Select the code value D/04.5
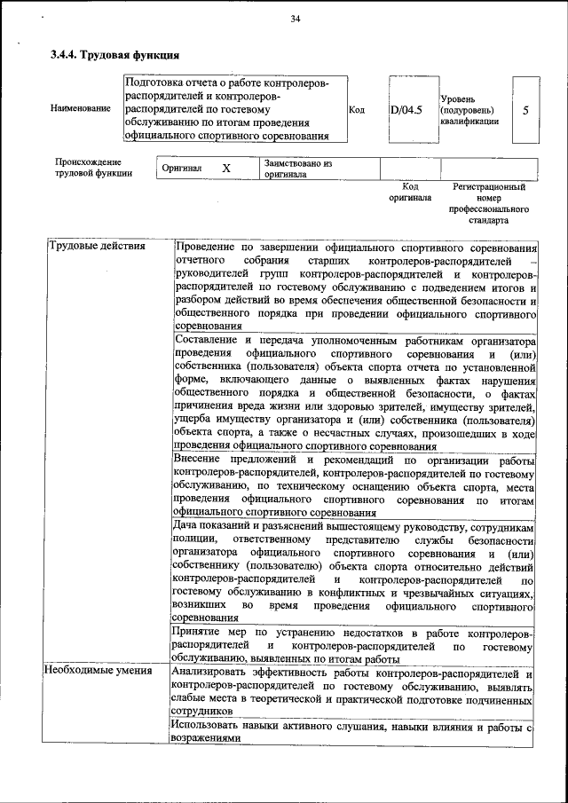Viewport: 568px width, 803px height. [406, 110]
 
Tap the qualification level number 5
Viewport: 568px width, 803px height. [526, 110]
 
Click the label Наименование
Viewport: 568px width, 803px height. [81, 108]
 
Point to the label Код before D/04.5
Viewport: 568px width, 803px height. [357, 110]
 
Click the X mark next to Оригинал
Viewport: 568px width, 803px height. [226, 168]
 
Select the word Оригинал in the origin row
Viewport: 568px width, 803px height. [181, 168]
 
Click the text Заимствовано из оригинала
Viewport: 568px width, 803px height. [297, 169]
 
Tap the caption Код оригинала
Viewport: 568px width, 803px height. [409, 193]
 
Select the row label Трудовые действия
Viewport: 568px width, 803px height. [97, 246]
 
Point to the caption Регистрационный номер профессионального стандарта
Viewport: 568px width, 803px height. [489, 203]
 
